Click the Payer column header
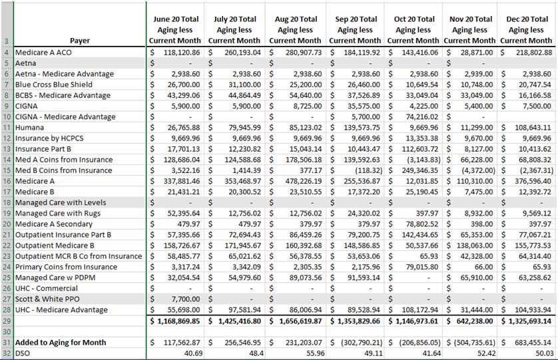click(x=80, y=41)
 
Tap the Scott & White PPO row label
click(x=47, y=299)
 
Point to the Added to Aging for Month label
click(x=61, y=343)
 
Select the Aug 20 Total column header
click(x=296, y=30)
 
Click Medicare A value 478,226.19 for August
click(x=304, y=181)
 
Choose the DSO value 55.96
click(x=316, y=353)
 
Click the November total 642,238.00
click(x=475, y=321)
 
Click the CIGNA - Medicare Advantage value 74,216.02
click(x=422, y=116)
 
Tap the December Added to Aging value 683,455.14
click(x=533, y=343)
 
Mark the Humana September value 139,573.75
click(x=362, y=127)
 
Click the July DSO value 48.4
click(x=256, y=353)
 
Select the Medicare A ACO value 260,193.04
click(x=242, y=53)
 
